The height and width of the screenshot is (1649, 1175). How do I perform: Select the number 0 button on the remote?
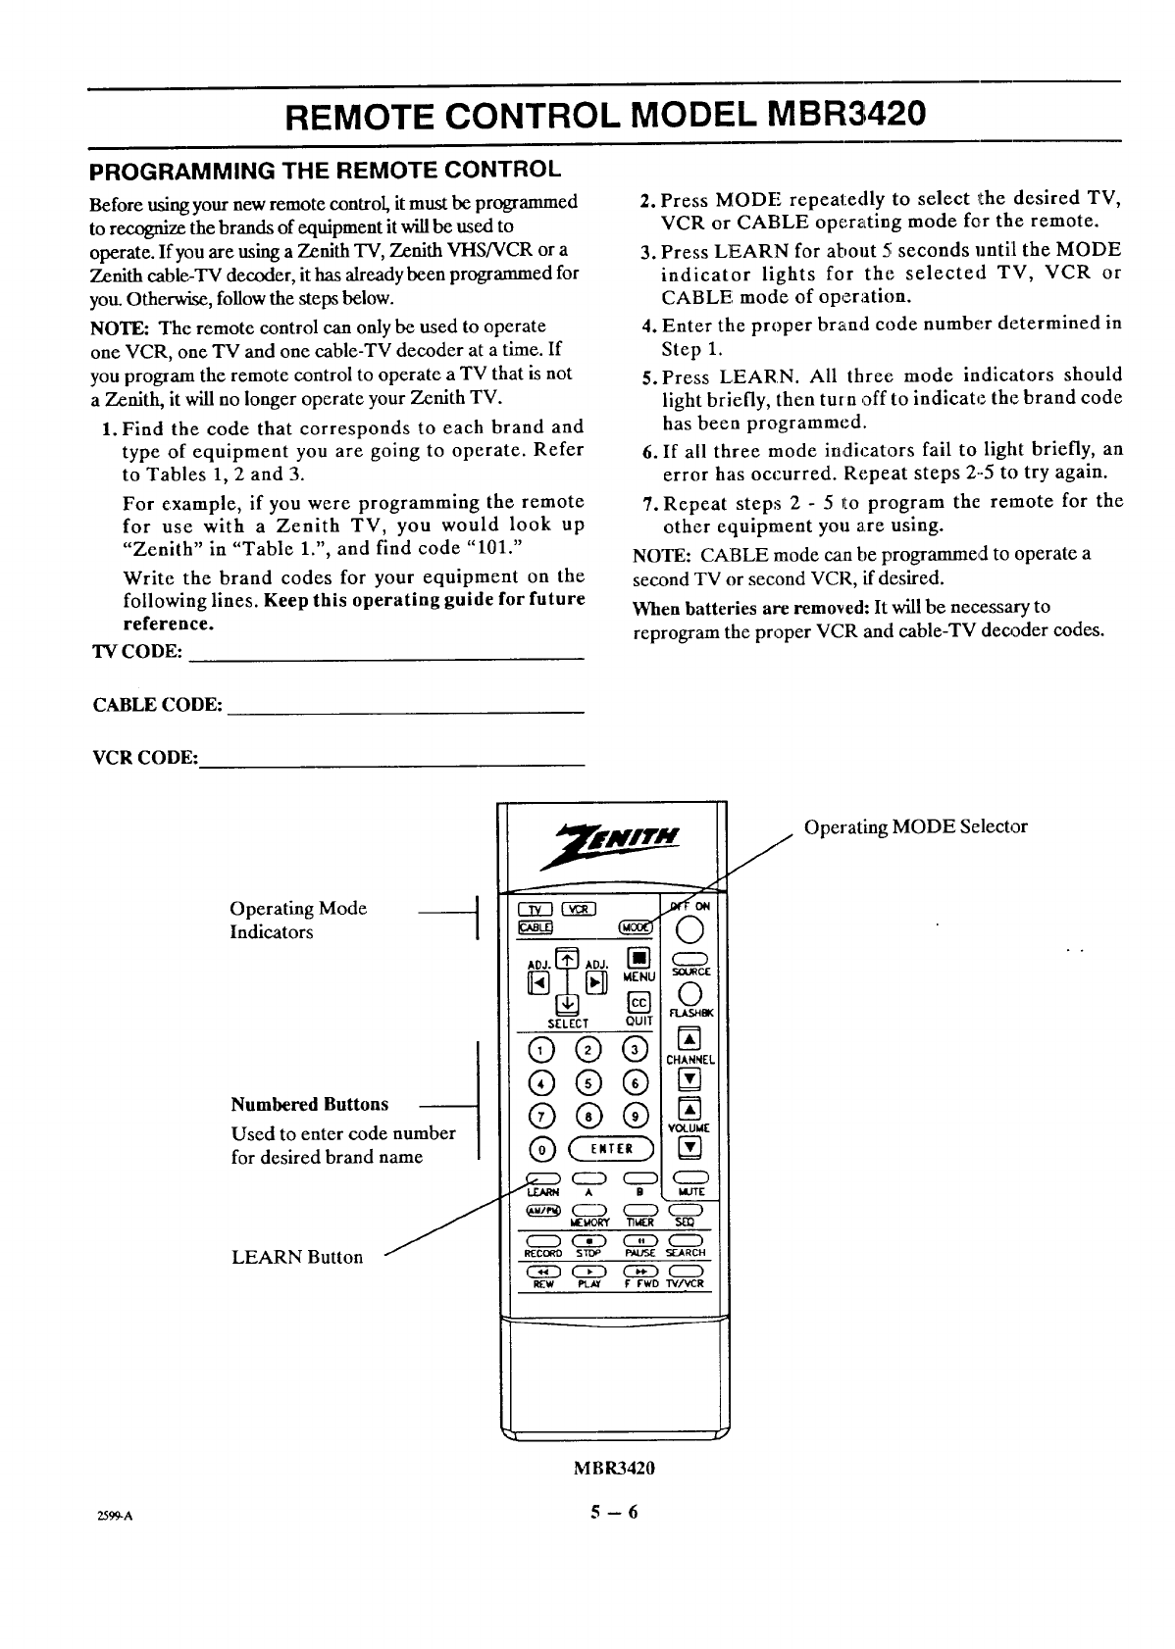538,1149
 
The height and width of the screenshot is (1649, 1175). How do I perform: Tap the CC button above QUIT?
638,1002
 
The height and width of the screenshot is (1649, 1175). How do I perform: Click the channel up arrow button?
690,1040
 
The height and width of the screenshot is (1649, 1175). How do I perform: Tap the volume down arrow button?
691,1148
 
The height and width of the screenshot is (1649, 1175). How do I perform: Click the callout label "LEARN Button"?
297,1257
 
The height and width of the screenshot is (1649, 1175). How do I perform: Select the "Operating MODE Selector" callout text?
915,826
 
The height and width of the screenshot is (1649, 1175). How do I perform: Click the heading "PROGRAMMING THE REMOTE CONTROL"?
325,170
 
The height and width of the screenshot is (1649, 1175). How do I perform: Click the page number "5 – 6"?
614,1512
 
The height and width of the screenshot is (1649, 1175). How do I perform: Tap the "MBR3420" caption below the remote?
614,1469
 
